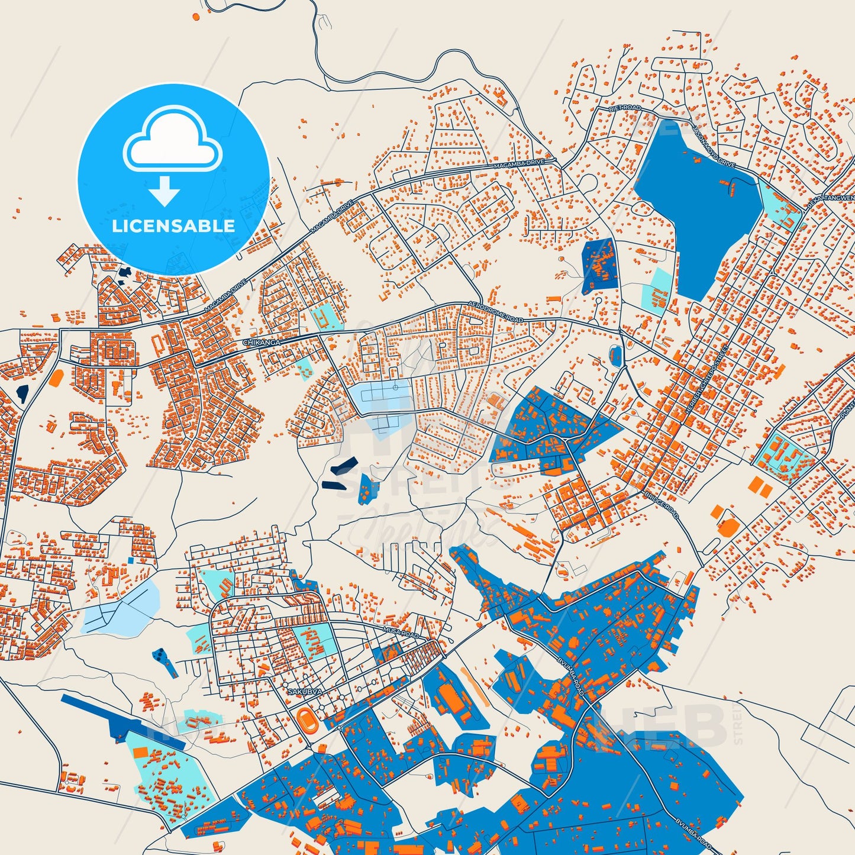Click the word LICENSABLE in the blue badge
tap(173, 225)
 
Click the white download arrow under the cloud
tap(165, 191)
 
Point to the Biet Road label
tap(625, 109)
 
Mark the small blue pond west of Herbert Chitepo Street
tap(616, 355)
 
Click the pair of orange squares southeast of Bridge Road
tap(759, 487)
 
